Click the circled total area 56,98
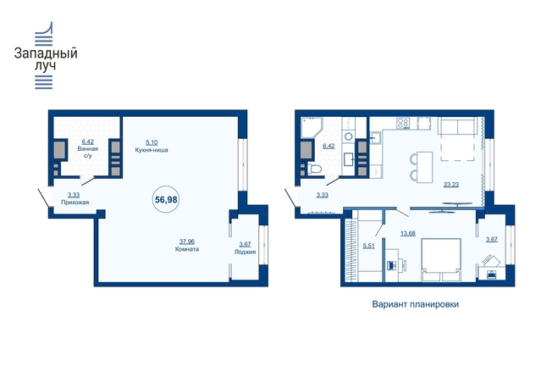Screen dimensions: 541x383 point(166,200)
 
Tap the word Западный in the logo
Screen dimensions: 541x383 point(46,53)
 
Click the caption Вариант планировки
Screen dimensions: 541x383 point(416,304)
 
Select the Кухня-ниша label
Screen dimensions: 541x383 point(152,150)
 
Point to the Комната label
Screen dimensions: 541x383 point(187,249)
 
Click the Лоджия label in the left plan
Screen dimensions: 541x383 point(245,252)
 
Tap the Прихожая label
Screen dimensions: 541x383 point(75,203)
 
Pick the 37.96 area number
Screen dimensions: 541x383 point(187,241)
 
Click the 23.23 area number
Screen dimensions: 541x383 point(451,185)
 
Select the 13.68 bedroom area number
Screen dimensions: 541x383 point(407,233)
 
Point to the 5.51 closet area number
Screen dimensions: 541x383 point(368,246)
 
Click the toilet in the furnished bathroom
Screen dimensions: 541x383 point(314,169)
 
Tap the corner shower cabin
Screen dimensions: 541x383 point(311,127)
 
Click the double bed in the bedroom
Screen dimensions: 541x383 point(441,259)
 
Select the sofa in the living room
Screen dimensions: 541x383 point(458,125)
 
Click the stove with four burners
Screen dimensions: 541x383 point(403,123)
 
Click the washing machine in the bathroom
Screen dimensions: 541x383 point(349,136)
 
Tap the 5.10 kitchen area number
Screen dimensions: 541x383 point(152,142)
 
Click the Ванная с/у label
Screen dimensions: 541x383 point(88,152)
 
